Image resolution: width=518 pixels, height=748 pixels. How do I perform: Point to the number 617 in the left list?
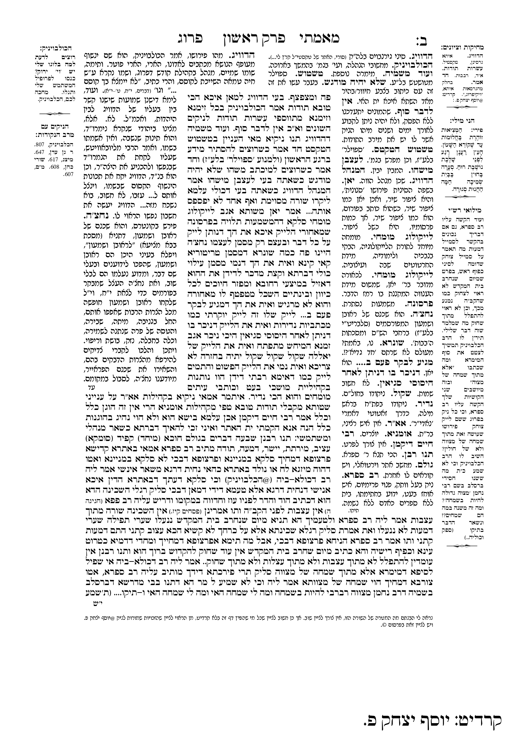53,159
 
